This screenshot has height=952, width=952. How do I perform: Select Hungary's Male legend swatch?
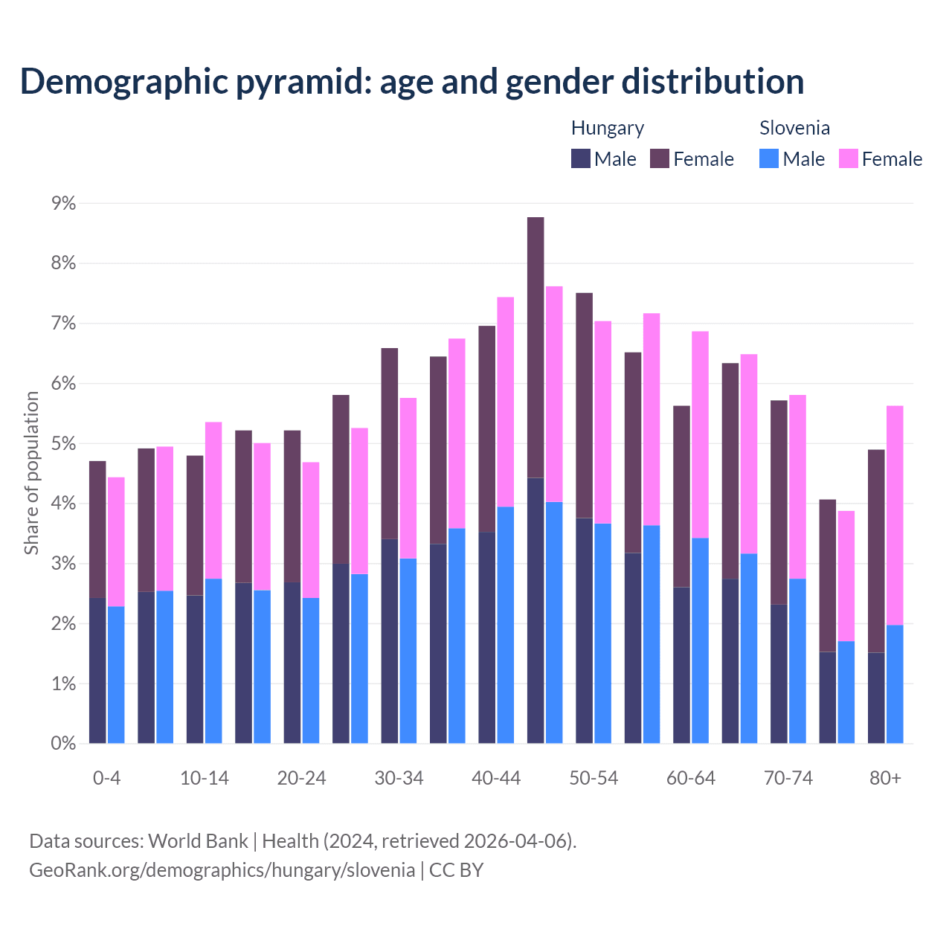tap(581, 158)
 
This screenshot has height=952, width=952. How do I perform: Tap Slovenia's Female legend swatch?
tap(849, 158)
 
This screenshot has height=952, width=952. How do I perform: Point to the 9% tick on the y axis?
tap(63, 203)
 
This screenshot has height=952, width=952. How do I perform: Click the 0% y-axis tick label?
tap(63, 743)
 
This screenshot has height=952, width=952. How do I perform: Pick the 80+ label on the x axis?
tap(885, 778)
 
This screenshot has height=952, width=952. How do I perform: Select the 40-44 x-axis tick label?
tap(496, 778)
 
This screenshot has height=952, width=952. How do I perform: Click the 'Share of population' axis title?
tap(31, 473)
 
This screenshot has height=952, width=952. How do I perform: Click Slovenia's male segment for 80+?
tap(895, 684)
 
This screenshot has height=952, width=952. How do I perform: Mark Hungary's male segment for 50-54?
tap(584, 630)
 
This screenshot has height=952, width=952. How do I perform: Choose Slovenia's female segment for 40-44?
tap(506, 402)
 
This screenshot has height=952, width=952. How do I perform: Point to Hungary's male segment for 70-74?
tap(779, 673)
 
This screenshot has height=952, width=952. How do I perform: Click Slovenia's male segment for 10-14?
tap(213, 660)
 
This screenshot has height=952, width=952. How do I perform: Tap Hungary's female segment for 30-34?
tap(389, 443)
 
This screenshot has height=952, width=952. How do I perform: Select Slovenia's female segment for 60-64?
tap(700, 434)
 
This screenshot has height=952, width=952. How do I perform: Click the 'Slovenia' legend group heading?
tap(794, 128)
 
